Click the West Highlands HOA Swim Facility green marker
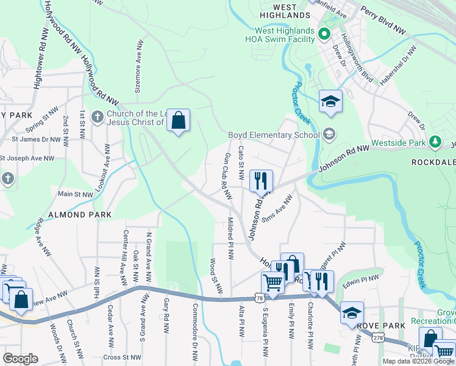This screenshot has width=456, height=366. [x=324, y=34]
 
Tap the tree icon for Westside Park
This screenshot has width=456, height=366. [x=435, y=142]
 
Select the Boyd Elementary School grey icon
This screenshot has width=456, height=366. [x=329, y=134]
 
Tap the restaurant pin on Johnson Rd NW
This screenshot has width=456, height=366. [x=261, y=181]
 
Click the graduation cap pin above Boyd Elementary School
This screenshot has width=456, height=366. [x=330, y=102]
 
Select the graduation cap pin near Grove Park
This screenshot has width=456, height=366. [x=352, y=314]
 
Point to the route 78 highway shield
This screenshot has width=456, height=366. [x=260, y=298]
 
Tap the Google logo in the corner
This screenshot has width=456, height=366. [x=20, y=358]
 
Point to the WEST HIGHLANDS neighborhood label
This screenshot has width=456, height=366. [x=284, y=10]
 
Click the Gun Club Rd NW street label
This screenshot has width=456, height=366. [x=227, y=177]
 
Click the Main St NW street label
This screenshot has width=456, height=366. [x=75, y=195]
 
